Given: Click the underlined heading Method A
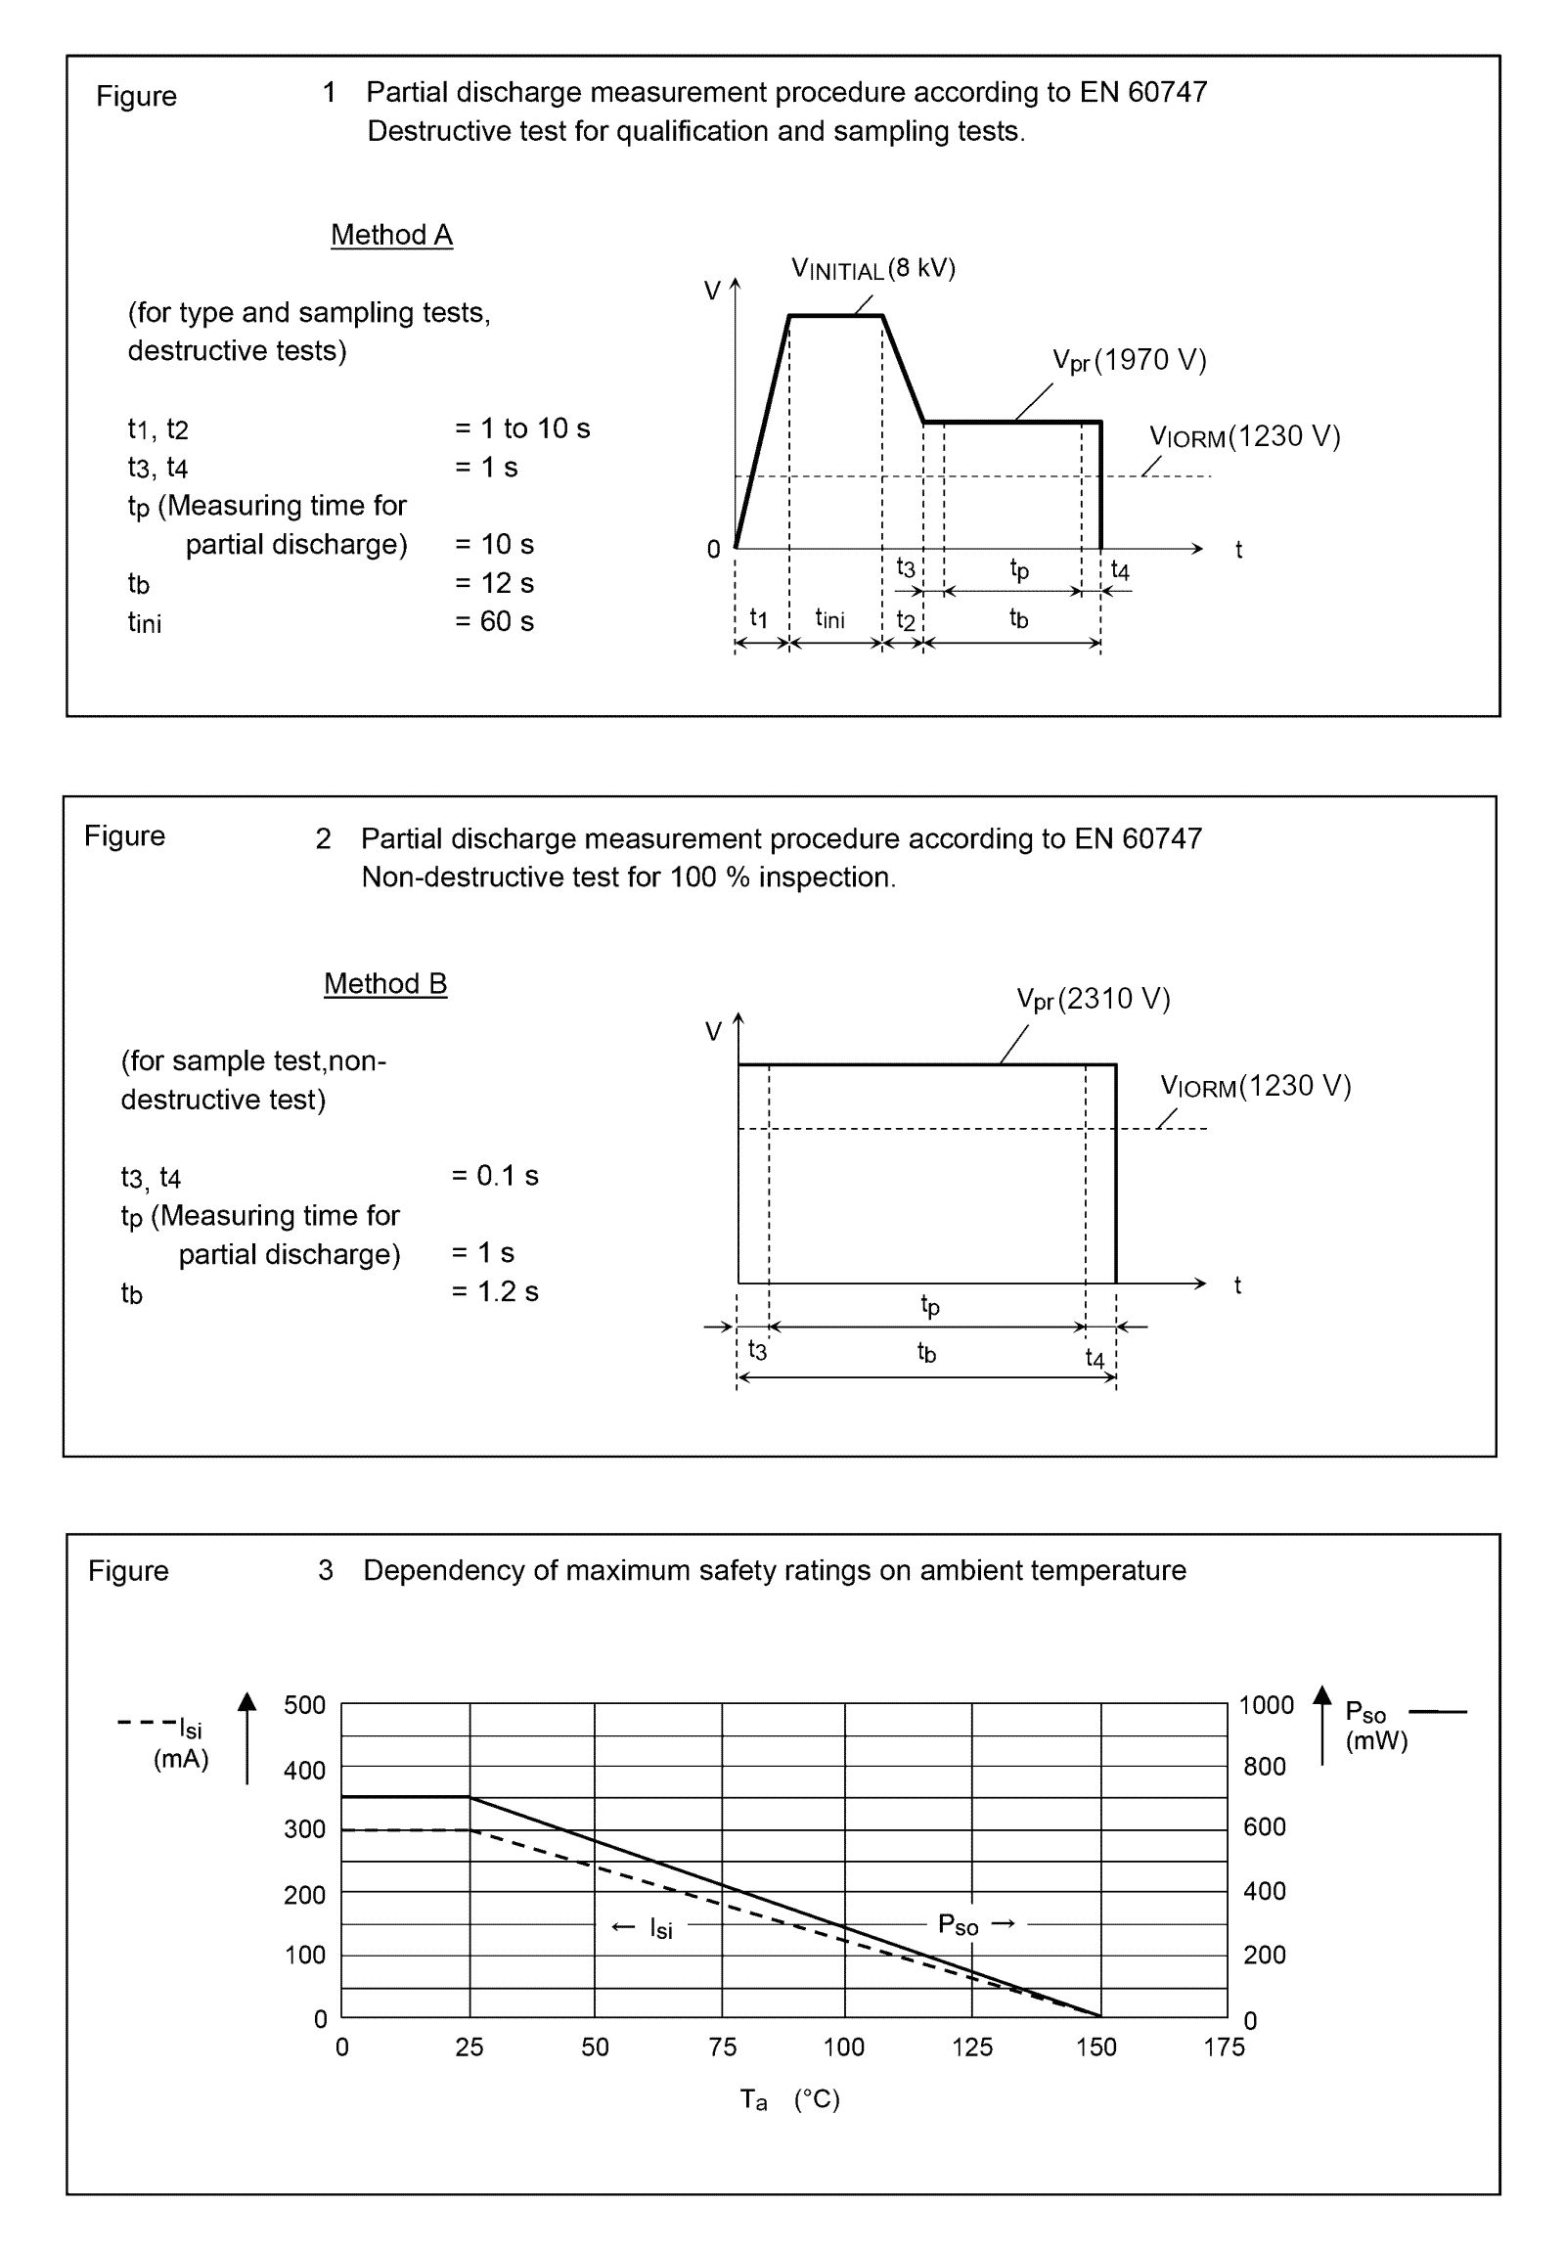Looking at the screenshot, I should tap(391, 235).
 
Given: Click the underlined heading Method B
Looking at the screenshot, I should tap(385, 983).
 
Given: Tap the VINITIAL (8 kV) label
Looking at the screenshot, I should tap(872, 268).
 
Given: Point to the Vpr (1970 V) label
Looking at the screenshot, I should tap(1129, 361).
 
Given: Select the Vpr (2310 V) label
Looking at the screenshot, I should tap(1093, 999).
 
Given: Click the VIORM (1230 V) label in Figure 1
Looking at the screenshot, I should tap(1243, 436).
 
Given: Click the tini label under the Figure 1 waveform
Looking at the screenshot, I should tap(829, 618).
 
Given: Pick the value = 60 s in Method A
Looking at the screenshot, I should tap(494, 621).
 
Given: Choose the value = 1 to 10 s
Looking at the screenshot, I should tap(522, 428).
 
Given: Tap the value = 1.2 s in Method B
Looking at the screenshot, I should tap(495, 1291).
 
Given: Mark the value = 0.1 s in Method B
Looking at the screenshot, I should tap(495, 1175).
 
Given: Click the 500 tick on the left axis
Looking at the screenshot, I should tap(305, 1704).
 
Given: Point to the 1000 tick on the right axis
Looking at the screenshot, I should tap(1265, 1705).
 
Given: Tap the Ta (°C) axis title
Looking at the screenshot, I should tap(790, 2099).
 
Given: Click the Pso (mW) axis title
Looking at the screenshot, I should tap(1375, 1726).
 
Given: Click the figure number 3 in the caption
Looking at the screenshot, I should tap(326, 1571).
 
